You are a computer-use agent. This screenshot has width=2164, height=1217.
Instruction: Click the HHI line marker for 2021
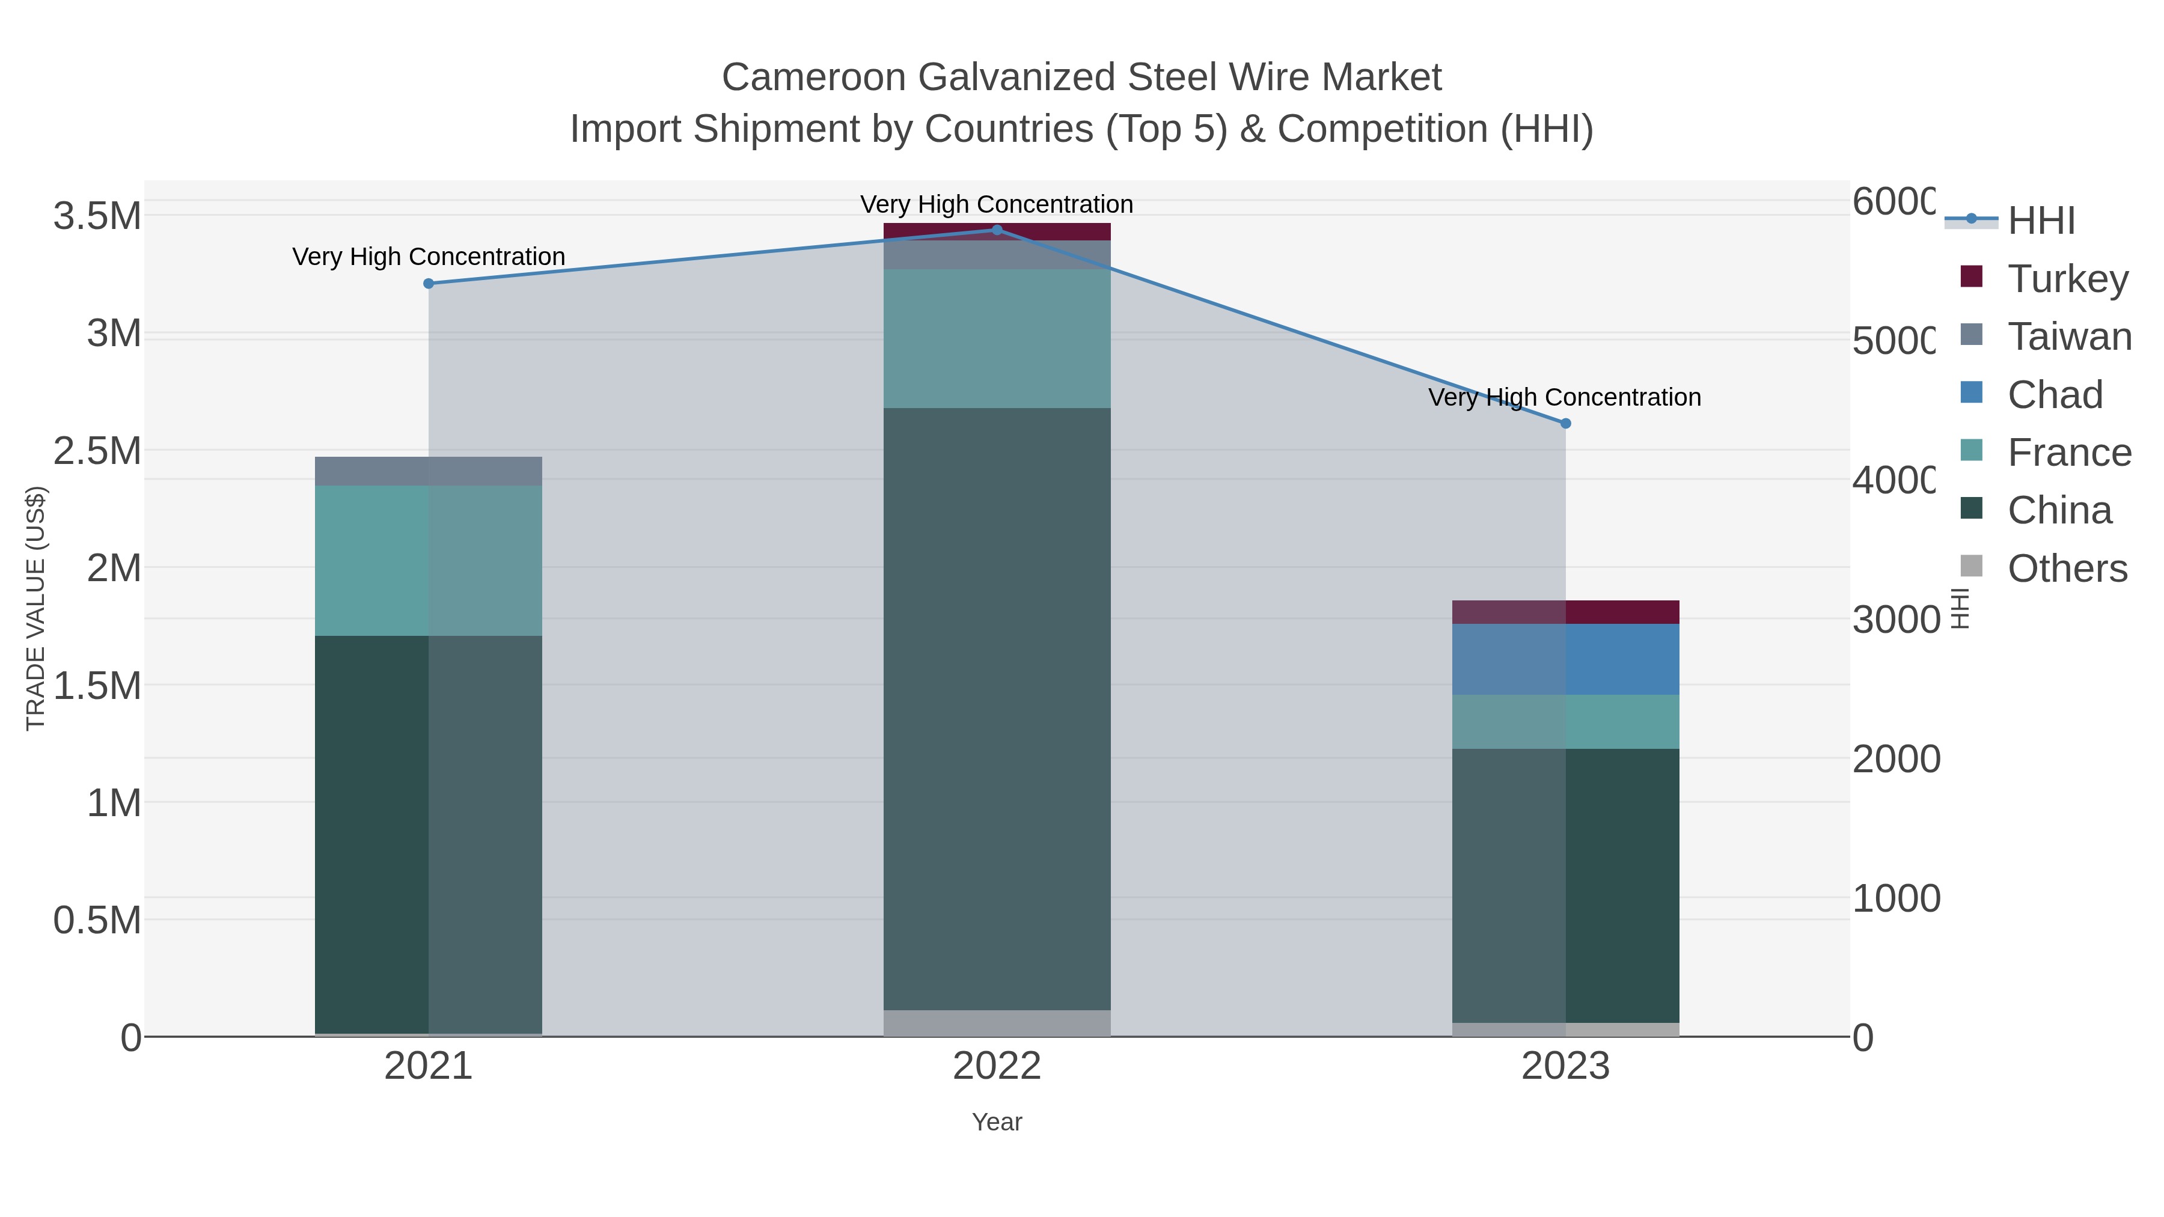(x=429, y=284)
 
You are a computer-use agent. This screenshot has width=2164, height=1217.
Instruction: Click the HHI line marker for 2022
(x=997, y=230)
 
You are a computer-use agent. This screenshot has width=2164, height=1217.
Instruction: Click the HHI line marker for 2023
(x=1565, y=424)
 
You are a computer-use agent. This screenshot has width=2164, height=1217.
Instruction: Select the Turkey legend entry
(x=2067, y=279)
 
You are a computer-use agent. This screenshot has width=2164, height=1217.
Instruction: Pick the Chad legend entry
(x=2054, y=395)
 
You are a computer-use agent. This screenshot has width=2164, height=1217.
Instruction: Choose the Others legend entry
(x=2067, y=569)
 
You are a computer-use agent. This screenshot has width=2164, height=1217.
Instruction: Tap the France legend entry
(x=2068, y=453)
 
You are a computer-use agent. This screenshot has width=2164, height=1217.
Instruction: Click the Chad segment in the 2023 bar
(x=1565, y=659)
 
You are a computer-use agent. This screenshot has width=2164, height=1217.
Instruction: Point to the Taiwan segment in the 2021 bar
(x=429, y=471)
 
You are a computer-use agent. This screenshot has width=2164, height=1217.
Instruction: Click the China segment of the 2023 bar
(x=1565, y=886)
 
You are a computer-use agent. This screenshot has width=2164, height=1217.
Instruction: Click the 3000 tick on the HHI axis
(x=1895, y=620)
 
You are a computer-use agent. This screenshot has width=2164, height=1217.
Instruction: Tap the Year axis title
(x=997, y=1122)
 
